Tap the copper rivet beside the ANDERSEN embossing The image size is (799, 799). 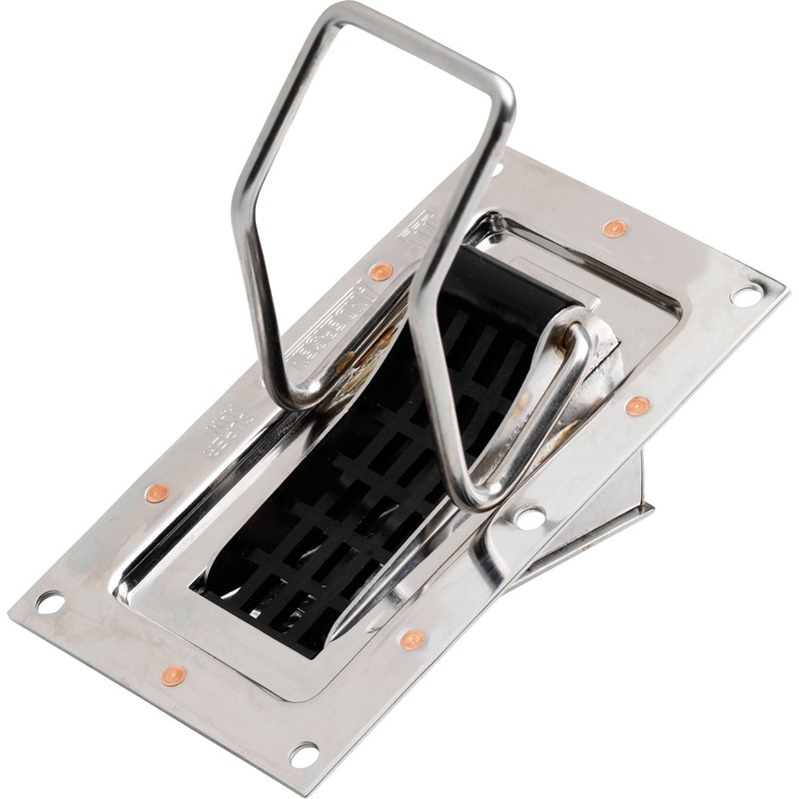pos(381,271)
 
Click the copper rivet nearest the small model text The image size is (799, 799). pos(157,492)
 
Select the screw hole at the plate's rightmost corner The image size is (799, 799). pos(745,295)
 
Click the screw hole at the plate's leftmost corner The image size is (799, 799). pos(48,602)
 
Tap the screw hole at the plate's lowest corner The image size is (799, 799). pos(304,754)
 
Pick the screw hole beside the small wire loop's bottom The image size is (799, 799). pos(529,517)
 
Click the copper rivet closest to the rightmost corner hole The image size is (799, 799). pos(615,229)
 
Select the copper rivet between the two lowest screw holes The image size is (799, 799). pos(174,676)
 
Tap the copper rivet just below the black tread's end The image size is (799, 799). pos(412,639)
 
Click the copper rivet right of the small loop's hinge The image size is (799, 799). pos(637,405)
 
